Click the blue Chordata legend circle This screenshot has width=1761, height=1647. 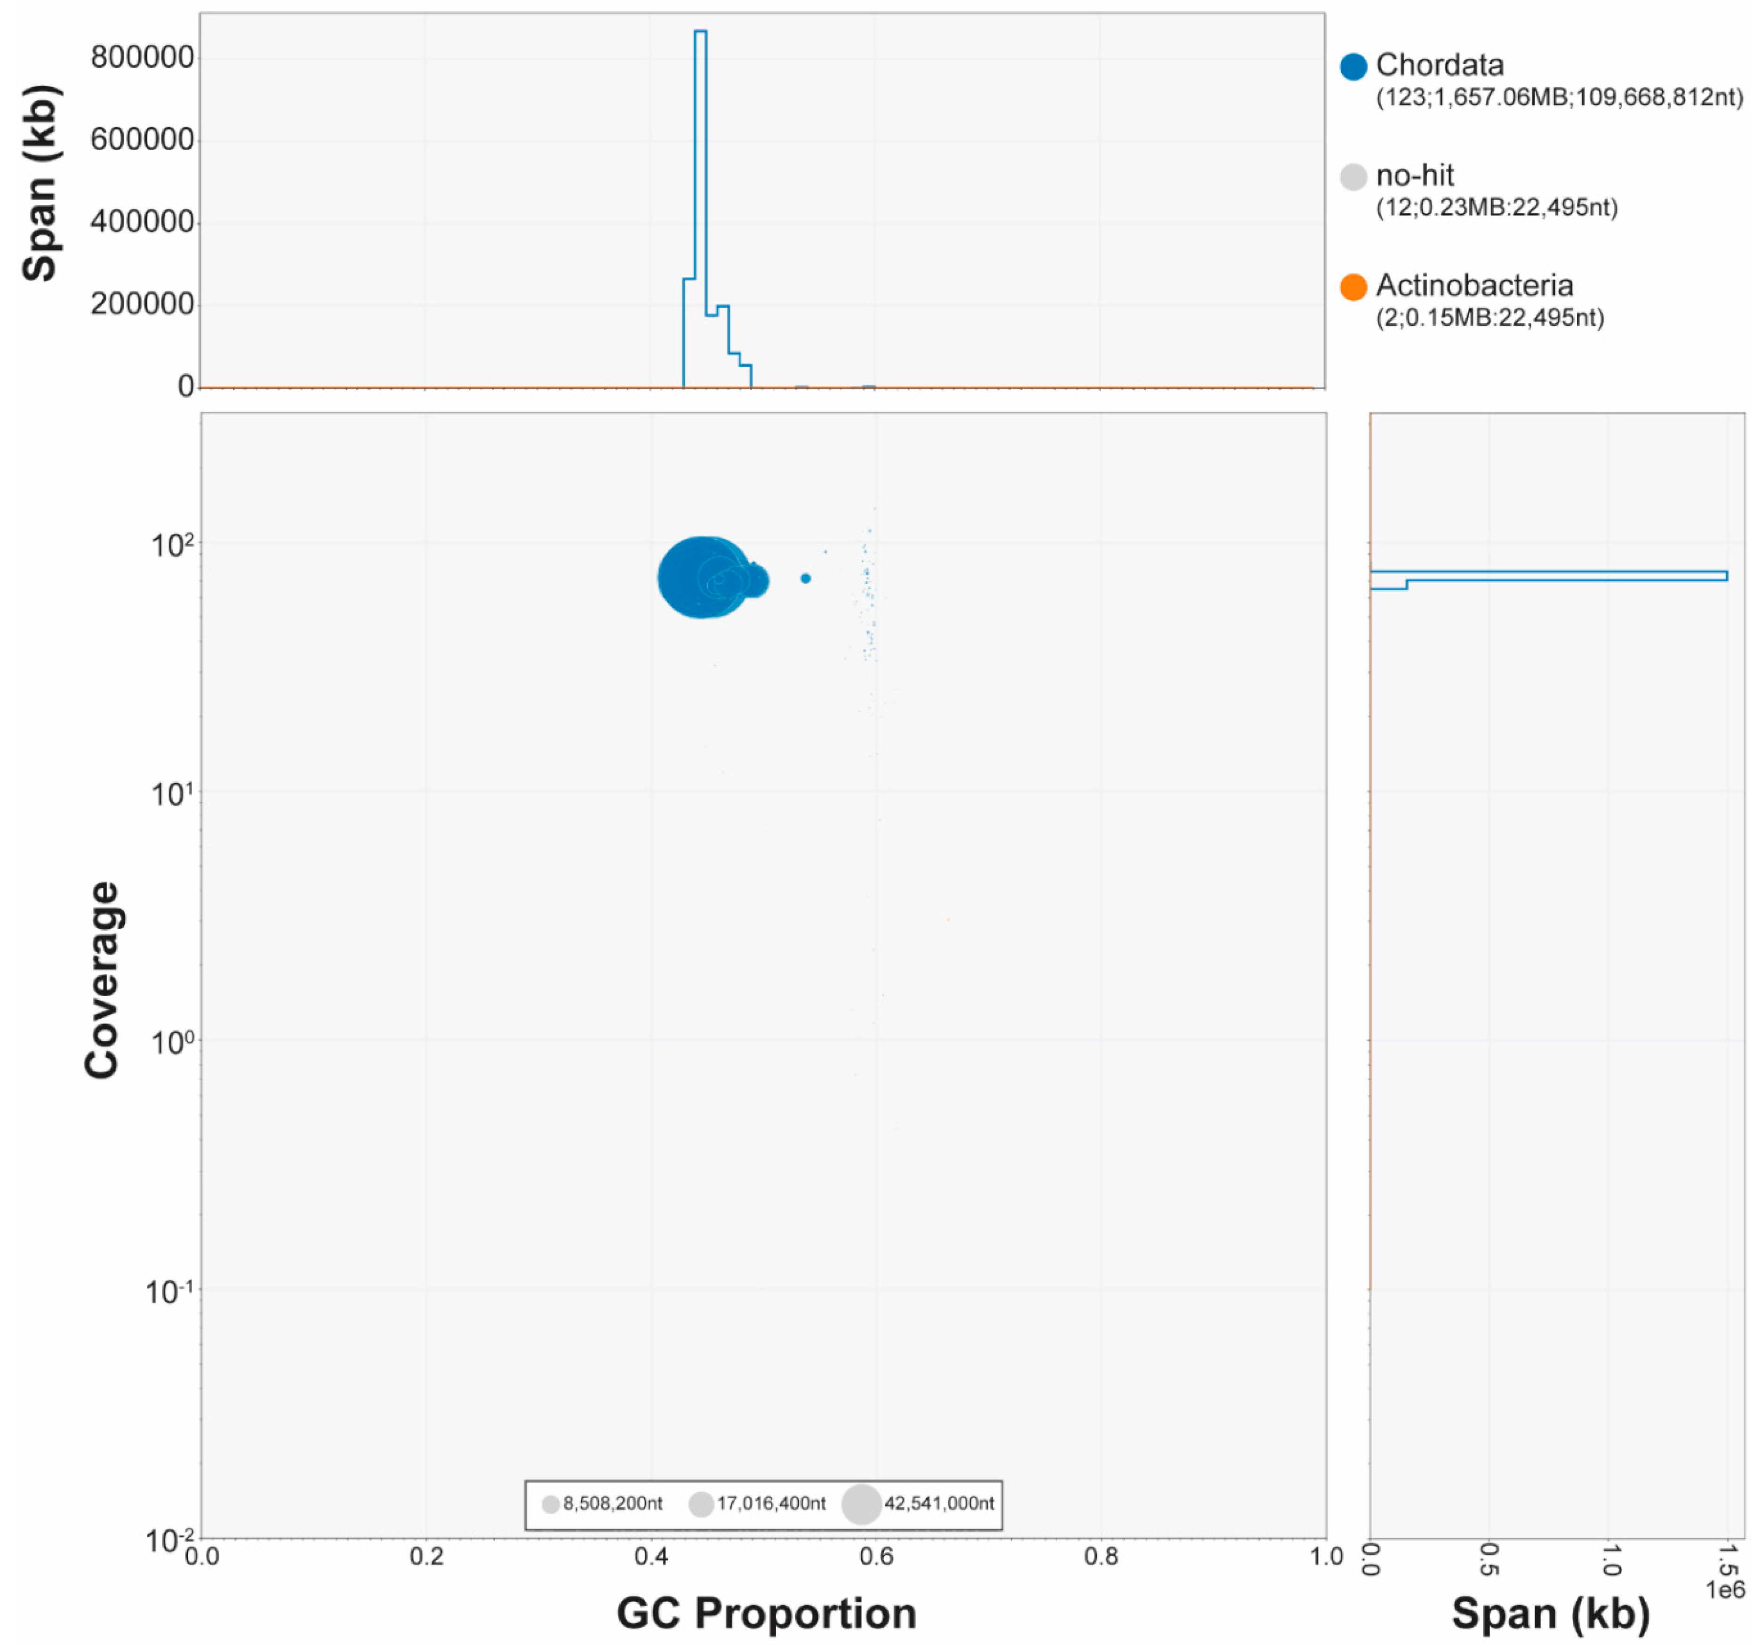[x=1353, y=66]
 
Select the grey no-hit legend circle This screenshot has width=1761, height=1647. [x=1353, y=177]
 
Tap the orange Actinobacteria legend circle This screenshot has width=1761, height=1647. [x=1353, y=287]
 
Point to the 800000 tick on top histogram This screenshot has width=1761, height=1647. [x=142, y=57]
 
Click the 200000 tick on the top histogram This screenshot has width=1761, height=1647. [x=142, y=304]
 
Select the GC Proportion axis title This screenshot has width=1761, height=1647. [x=766, y=1613]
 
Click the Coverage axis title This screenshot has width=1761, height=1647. [x=102, y=979]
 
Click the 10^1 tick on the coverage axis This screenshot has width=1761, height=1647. [x=171, y=794]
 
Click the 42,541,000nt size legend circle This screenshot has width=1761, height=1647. [x=860, y=1503]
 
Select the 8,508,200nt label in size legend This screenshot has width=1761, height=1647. [x=612, y=1503]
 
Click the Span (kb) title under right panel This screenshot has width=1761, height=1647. [x=1550, y=1613]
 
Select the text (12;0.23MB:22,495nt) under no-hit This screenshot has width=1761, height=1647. [x=1496, y=207]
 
